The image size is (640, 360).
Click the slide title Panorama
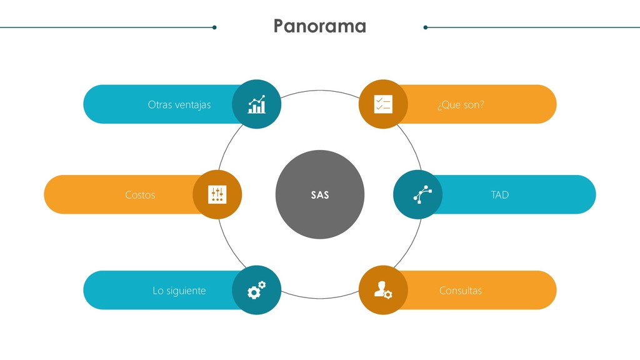(x=319, y=26)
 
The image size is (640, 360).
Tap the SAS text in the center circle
(x=320, y=195)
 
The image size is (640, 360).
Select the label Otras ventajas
(x=179, y=104)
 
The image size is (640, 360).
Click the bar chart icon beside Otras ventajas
(x=256, y=104)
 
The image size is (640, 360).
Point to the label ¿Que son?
(x=461, y=104)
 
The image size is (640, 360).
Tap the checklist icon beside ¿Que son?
(x=383, y=104)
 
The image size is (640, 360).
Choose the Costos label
(x=140, y=195)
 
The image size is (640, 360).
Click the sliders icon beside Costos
(x=217, y=195)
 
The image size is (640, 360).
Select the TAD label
(x=500, y=195)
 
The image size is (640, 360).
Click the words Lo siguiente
(x=179, y=291)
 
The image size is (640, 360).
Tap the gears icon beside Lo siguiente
(x=256, y=290)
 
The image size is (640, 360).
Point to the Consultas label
(x=461, y=291)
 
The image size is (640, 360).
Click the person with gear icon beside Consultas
(x=383, y=290)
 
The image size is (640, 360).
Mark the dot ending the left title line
(x=214, y=27)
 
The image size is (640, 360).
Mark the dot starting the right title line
(x=426, y=27)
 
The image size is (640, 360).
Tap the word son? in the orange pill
(x=473, y=104)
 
